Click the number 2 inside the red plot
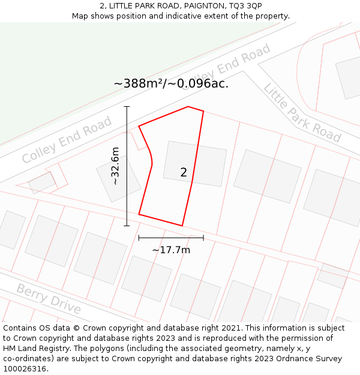pos(184,172)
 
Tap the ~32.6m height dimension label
pos(115,166)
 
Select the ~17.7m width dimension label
pos(171,250)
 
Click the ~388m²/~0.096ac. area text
pos(171,83)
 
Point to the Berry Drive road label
pos(49,299)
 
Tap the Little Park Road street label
pos(302,112)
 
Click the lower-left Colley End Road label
pos(67,140)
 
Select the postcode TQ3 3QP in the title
pos(245,5)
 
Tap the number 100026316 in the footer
pos(25,368)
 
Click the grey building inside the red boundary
pos(195,163)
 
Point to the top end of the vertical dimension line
pos(127,107)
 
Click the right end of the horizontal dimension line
pos(203,238)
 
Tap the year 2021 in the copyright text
pos(230,328)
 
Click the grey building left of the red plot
pos(118,178)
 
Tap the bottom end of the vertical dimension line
pos(127,226)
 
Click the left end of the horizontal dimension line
pos(139,238)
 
